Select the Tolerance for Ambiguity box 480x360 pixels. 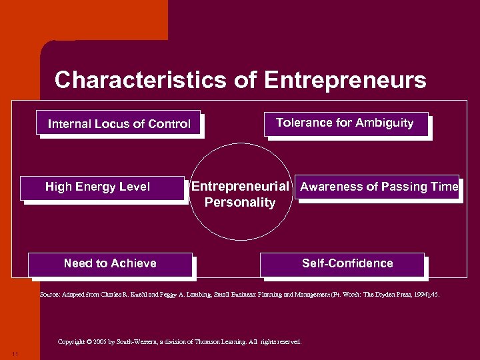click(x=345, y=123)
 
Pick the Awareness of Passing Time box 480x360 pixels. click(x=378, y=187)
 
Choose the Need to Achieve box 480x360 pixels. click(x=110, y=263)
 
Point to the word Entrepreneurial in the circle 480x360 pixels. click(x=240, y=187)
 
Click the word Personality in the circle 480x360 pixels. click(x=240, y=203)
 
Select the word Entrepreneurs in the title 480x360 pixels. click(x=345, y=81)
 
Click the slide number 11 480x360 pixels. click(x=15, y=353)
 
